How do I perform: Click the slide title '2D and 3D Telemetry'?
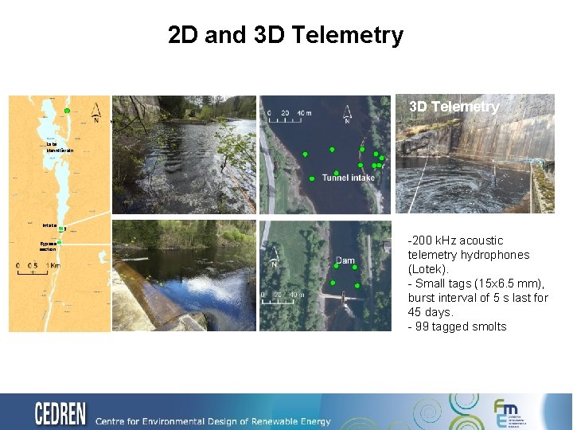(286, 35)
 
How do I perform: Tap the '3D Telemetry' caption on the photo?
(454, 107)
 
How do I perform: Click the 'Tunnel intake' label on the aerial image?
(348, 178)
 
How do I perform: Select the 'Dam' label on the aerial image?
(345, 260)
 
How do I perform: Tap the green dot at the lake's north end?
(68, 110)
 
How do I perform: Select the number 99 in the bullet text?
(423, 326)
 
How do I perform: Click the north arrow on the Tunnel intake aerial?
(347, 115)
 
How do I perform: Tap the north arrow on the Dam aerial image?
(273, 256)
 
